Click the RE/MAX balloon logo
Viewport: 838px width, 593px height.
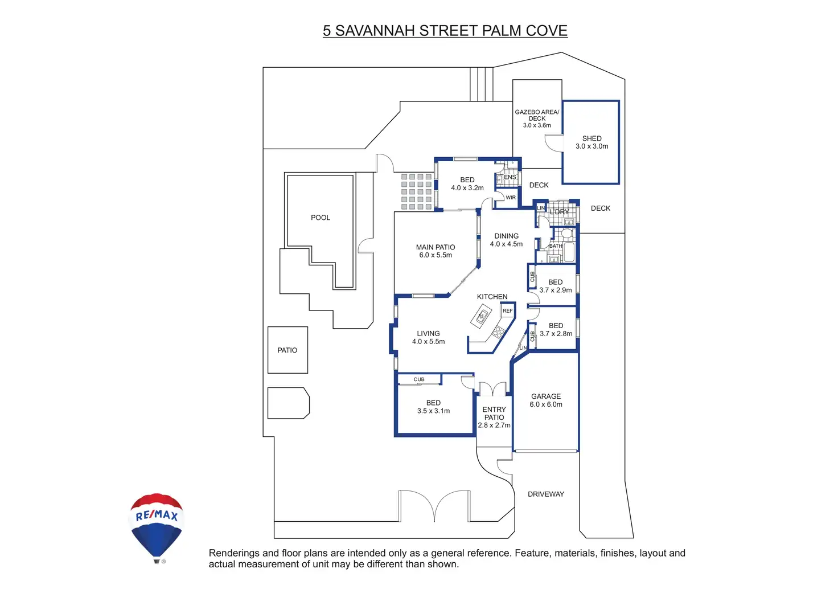[x=157, y=527]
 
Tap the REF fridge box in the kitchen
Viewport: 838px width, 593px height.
[x=508, y=310]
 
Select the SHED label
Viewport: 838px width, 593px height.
[x=592, y=138]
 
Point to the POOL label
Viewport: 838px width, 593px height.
[x=321, y=218]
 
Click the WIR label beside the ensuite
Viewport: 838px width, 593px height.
[x=511, y=197]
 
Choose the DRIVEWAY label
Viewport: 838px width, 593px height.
[x=546, y=494]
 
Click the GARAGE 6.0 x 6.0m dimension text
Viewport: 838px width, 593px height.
[x=546, y=404]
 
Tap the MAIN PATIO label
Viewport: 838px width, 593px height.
[x=436, y=247]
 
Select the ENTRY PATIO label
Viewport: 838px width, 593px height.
[x=494, y=414]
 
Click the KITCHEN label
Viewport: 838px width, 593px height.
[x=492, y=296]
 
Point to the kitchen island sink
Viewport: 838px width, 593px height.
[x=481, y=316]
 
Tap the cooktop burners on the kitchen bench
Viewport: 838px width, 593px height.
[x=499, y=332]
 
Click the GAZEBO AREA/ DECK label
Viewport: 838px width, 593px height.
[x=537, y=115]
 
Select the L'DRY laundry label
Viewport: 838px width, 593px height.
[x=559, y=212]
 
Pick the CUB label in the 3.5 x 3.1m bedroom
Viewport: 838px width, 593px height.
[x=419, y=379]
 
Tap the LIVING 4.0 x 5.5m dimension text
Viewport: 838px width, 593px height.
[x=428, y=341]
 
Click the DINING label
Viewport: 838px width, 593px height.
[x=507, y=236]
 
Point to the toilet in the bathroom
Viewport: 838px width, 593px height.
[x=567, y=234]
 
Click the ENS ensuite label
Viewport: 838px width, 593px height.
[x=510, y=177]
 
